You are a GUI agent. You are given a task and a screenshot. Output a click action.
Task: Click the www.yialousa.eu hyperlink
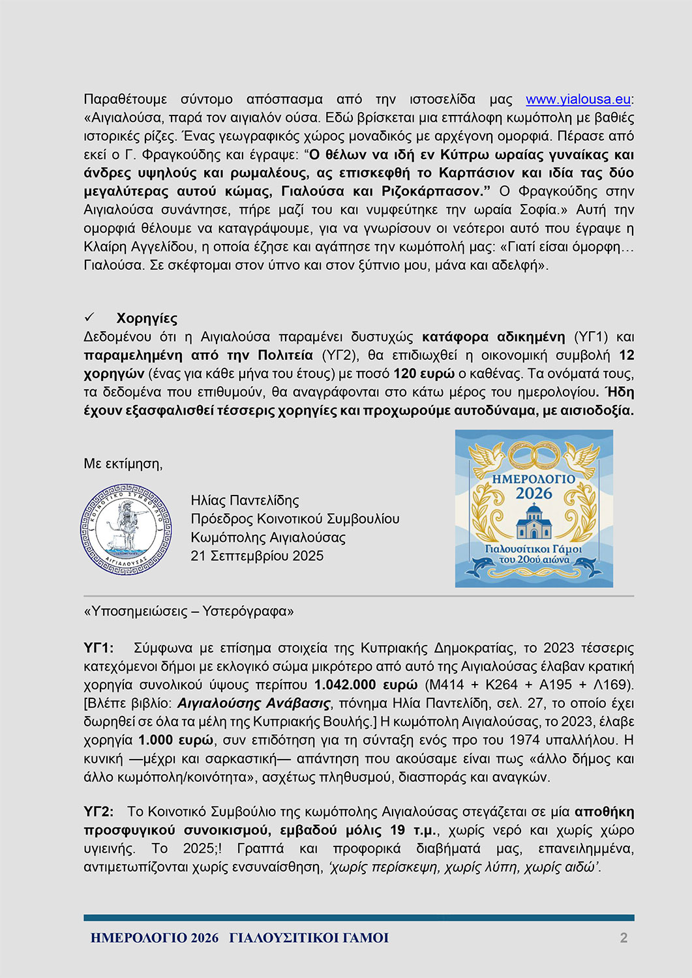click(x=578, y=99)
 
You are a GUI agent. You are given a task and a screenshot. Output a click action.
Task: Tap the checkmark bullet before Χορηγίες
click(x=89, y=318)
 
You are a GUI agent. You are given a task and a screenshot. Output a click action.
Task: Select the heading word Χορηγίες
click(x=147, y=318)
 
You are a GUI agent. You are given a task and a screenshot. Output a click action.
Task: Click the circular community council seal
click(x=126, y=529)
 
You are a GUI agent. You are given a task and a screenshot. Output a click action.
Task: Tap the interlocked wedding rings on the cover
click(x=534, y=455)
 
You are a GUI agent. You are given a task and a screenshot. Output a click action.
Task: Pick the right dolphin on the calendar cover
click(x=584, y=568)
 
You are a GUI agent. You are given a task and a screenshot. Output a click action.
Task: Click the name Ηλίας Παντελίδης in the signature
click(x=245, y=501)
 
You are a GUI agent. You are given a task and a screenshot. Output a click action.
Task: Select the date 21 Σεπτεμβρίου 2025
click(x=257, y=556)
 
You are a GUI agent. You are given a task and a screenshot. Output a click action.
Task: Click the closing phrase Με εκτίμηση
click(x=123, y=464)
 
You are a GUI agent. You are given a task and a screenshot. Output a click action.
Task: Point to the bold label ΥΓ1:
click(x=98, y=648)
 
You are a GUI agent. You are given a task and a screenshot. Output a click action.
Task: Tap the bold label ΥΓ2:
click(x=98, y=812)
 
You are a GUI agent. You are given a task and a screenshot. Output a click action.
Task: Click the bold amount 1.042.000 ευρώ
click(x=365, y=685)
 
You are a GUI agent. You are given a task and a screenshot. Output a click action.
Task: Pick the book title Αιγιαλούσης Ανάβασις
click(x=254, y=704)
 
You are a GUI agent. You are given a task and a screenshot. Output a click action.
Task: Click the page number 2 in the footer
click(x=624, y=938)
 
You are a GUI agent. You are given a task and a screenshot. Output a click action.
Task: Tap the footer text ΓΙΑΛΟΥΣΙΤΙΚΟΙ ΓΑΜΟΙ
click(x=308, y=938)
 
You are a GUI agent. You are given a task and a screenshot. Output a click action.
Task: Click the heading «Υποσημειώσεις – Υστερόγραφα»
click(x=188, y=611)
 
